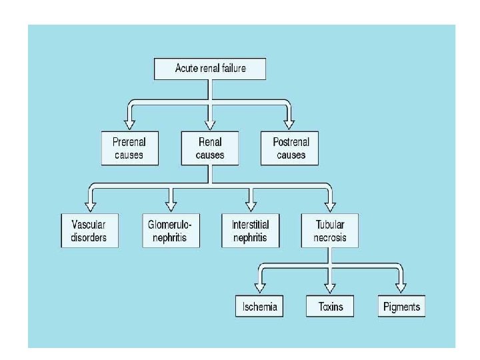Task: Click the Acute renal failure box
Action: pyautogui.click(x=210, y=69)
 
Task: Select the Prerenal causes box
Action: pyautogui.click(x=130, y=149)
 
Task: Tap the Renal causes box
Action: pyautogui.click(x=210, y=149)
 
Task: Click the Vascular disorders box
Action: pyautogui.click(x=89, y=231)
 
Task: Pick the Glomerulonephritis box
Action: pyautogui.click(x=171, y=231)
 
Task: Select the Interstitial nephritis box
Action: pyautogui.click(x=250, y=231)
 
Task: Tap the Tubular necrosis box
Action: pyautogui.click(x=329, y=231)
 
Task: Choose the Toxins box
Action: pyautogui.click(x=329, y=307)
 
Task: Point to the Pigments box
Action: pyautogui.click(x=401, y=307)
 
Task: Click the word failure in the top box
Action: pyautogui.click(x=231, y=69)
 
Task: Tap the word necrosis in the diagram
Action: pyautogui.click(x=329, y=237)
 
